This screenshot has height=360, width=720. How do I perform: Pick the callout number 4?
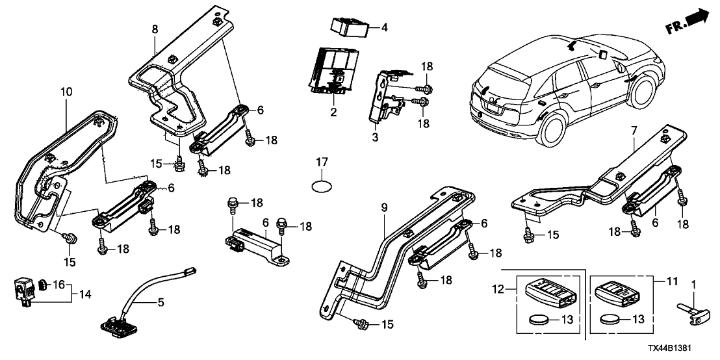pyautogui.click(x=383, y=28)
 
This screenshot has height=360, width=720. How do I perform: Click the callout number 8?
pyautogui.click(x=155, y=30)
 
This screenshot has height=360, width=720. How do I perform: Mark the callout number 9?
pyautogui.click(x=384, y=209)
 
